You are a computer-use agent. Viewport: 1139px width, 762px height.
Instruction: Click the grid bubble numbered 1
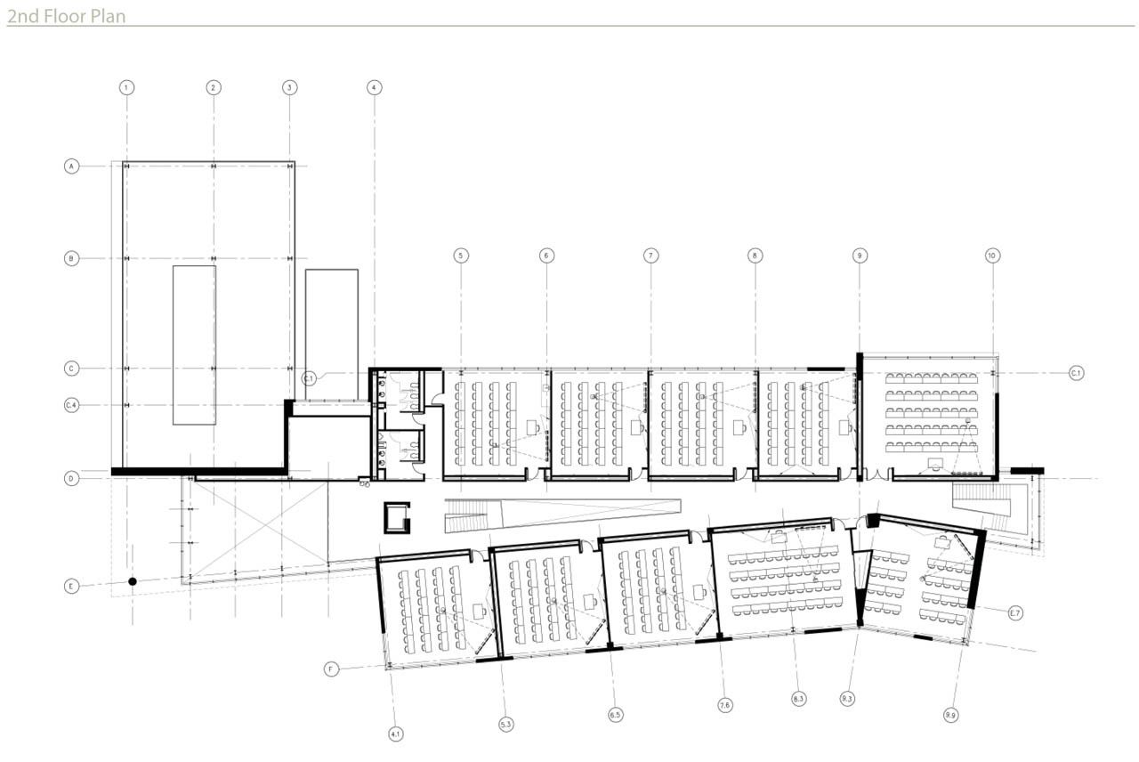click(x=127, y=87)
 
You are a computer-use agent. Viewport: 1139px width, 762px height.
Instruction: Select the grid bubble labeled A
click(x=72, y=166)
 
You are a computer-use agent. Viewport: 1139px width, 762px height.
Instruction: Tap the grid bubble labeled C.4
click(x=72, y=405)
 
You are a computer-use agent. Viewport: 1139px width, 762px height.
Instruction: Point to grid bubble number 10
click(x=992, y=255)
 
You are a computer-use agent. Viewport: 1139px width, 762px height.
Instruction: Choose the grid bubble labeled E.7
click(x=1015, y=612)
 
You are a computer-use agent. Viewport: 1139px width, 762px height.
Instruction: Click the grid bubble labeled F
click(x=332, y=669)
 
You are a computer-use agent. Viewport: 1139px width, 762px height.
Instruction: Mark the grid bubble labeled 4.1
click(x=396, y=734)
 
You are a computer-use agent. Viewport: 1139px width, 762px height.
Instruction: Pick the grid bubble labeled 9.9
click(x=951, y=714)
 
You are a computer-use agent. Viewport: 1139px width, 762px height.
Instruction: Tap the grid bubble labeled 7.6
click(x=725, y=705)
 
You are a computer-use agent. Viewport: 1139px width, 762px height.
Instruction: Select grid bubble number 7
click(x=651, y=255)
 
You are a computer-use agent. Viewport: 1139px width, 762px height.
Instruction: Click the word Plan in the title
click(x=107, y=15)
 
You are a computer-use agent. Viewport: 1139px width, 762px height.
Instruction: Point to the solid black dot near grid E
click(x=133, y=581)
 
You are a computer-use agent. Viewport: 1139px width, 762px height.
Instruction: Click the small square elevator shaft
click(x=397, y=516)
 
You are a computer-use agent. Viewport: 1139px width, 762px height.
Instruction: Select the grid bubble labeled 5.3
click(x=506, y=725)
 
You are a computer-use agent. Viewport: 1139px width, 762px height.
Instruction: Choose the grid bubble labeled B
click(x=72, y=258)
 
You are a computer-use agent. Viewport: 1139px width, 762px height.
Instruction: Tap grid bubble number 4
click(x=374, y=87)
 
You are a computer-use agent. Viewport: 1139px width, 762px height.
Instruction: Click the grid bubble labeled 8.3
click(x=798, y=699)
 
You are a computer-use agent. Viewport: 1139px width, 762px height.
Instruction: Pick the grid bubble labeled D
click(x=72, y=478)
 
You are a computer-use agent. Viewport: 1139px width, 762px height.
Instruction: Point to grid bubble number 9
click(x=860, y=255)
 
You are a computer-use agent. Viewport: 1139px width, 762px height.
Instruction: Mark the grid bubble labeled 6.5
click(x=616, y=714)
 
